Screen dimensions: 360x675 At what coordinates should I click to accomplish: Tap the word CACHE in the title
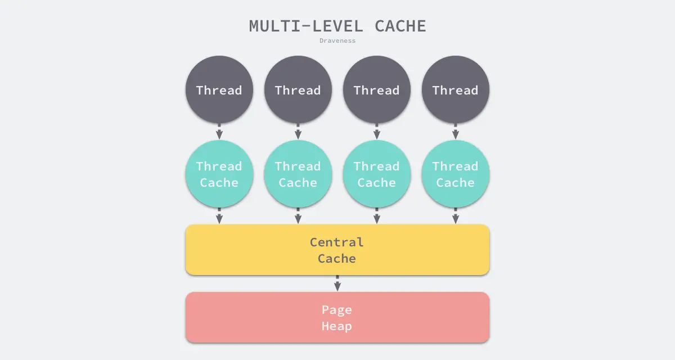tap(400, 26)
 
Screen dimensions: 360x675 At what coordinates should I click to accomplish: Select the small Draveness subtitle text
tap(337, 40)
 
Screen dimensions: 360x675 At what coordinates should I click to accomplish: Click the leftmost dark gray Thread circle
tap(219, 90)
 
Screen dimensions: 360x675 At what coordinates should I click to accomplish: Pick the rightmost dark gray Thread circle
tap(456, 90)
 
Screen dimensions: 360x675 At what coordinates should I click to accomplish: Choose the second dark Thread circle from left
tap(298, 90)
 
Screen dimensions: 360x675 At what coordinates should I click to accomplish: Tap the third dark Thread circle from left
tap(377, 90)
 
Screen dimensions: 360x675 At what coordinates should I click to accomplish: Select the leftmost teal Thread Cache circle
tap(219, 174)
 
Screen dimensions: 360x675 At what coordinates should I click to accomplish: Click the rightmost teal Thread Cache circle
tap(456, 174)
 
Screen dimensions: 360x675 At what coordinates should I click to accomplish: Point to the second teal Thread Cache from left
tap(298, 174)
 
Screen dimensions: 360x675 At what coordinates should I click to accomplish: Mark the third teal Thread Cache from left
tap(377, 174)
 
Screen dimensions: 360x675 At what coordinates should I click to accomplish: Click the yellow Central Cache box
tap(337, 250)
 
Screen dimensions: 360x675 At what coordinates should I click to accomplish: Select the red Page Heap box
tap(337, 317)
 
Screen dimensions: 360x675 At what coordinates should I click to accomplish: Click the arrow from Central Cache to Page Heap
tap(337, 283)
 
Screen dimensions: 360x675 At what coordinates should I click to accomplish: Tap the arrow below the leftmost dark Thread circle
tap(219, 132)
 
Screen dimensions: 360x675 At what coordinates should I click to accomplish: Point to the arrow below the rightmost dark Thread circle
tap(456, 132)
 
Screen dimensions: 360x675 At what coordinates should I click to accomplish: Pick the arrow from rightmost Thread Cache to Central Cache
tap(456, 217)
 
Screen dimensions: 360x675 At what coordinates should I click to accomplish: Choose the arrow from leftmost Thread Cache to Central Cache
tap(219, 217)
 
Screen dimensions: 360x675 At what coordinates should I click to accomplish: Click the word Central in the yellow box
tap(337, 242)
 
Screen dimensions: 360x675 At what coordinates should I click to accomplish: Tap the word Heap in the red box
tap(337, 326)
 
